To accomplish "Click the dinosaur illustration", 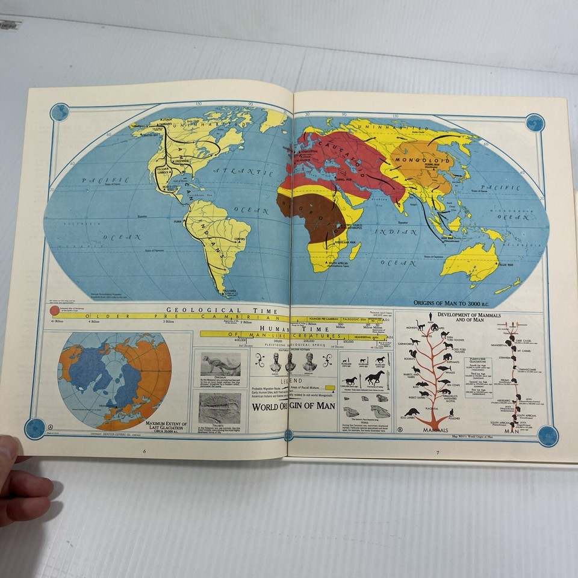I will coord(220,364).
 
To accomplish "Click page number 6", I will coord(144,451).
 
